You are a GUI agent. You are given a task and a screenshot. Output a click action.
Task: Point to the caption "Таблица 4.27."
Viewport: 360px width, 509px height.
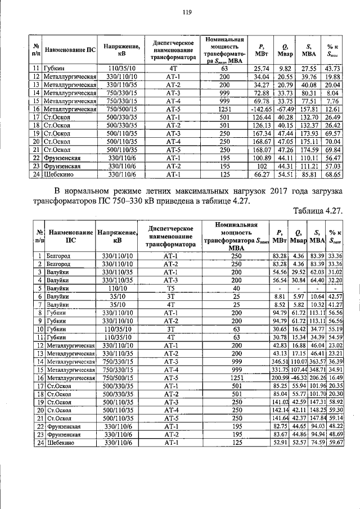click(318, 210)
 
